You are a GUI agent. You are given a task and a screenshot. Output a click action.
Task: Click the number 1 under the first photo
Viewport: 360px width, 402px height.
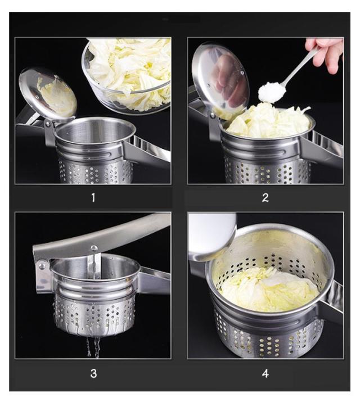coord(93,197)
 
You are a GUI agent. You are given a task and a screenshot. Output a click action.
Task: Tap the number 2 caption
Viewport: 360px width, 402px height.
coord(265,197)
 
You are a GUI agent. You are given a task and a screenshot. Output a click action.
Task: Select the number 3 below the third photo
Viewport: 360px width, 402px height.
coord(93,373)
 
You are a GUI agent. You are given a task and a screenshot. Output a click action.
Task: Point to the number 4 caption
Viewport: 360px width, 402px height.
coord(265,373)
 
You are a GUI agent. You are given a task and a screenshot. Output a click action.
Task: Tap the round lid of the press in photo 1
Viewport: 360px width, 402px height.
coord(48,95)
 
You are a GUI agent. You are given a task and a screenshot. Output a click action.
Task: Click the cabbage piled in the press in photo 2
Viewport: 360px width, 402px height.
coord(268,120)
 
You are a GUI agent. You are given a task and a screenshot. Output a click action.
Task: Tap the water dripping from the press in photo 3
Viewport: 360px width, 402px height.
coord(93,346)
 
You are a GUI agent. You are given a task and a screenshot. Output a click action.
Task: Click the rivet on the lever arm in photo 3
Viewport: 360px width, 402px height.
coord(94,247)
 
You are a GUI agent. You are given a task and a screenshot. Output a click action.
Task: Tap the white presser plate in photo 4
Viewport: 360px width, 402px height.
coord(211,236)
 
